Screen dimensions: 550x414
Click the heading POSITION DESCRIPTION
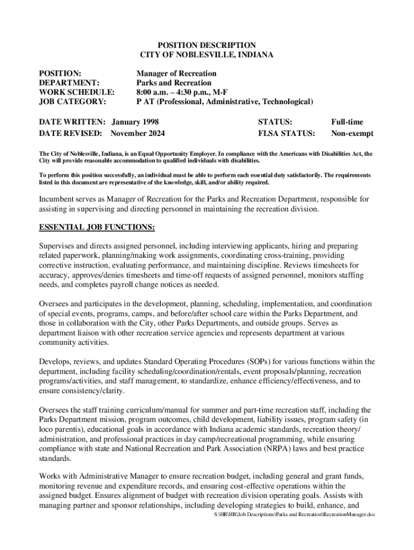[206, 45]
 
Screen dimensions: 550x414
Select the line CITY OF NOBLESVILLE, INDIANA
[206, 55]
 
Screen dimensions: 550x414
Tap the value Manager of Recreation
[176, 73]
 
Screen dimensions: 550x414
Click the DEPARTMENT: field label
[69, 83]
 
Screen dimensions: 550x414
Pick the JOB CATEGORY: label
[73, 102]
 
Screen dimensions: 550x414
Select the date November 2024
[138, 133]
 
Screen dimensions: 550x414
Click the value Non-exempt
[352, 133]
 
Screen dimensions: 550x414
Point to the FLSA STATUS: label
[287, 133]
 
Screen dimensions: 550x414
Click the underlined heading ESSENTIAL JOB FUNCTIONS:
[97, 228]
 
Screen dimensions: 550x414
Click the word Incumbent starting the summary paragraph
[58, 199]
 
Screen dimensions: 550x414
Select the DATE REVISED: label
[71, 133]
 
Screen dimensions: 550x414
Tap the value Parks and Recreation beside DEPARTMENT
[174, 83]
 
